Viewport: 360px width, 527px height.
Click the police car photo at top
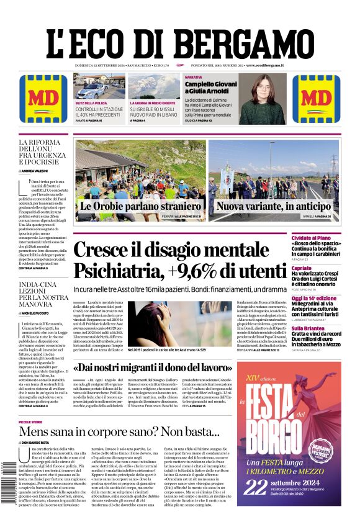click(99, 87)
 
